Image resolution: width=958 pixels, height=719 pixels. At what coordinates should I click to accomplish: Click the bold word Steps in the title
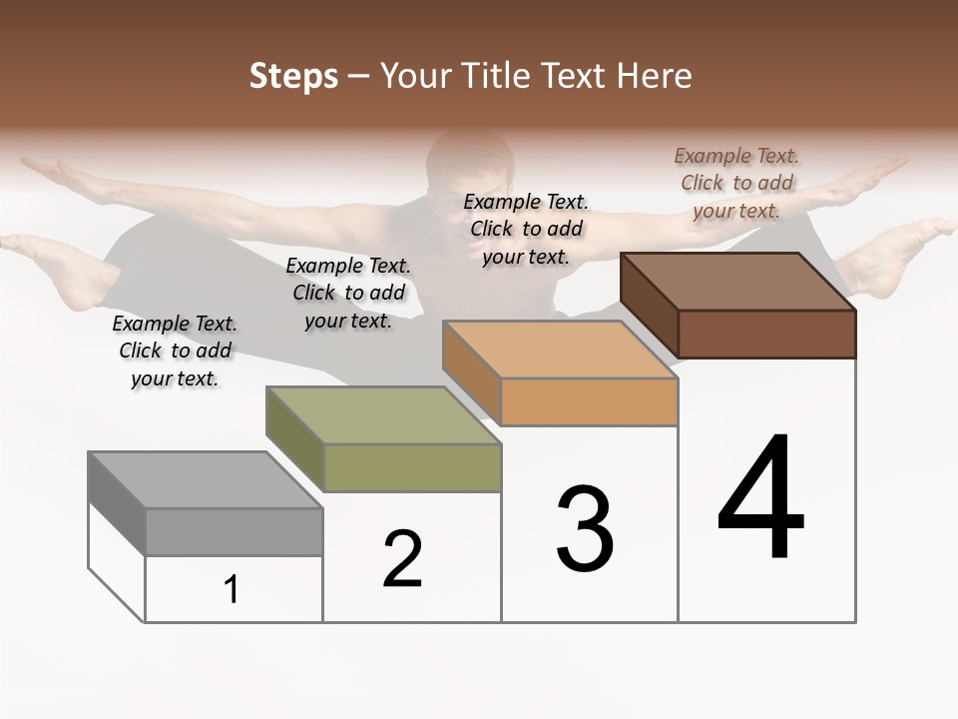tap(292, 76)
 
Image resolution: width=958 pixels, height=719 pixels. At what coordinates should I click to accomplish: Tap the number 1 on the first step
tap(232, 590)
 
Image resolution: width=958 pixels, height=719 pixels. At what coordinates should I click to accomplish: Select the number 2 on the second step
tap(402, 559)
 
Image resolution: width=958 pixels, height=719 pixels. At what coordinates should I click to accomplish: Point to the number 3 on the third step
tap(585, 529)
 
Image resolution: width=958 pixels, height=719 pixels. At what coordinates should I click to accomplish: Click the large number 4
tap(760, 499)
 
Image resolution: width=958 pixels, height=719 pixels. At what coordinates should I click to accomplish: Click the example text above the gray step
tap(175, 351)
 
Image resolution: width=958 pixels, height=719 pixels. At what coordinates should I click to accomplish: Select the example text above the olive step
tap(348, 293)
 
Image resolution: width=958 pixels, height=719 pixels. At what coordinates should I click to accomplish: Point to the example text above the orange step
tap(526, 229)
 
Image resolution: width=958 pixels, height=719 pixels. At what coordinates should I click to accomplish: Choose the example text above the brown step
tap(736, 183)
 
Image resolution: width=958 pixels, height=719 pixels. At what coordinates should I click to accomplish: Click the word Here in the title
tap(655, 76)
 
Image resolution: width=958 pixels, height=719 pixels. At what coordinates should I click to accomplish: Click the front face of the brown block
tap(766, 334)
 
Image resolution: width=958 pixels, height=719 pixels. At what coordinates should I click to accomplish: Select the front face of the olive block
tap(412, 467)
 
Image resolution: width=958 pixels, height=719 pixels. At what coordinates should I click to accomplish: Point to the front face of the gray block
tap(234, 531)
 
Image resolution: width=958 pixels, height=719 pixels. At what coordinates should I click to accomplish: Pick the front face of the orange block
tap(589, 401)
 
